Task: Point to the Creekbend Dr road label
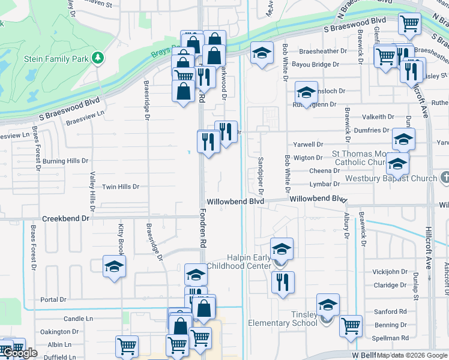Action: pos(65,219)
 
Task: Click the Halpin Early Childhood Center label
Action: pos(241,262)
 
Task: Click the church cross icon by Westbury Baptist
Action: pos(444,178)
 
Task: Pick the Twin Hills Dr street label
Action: pos(121,187)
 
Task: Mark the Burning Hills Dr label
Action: pos(65,161)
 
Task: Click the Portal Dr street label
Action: pos(53,299)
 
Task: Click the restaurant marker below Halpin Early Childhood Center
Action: pos(283,282)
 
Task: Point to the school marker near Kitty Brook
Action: pos(114,266)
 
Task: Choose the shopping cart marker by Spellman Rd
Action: pos(351,327)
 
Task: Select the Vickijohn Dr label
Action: pos(390,272)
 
